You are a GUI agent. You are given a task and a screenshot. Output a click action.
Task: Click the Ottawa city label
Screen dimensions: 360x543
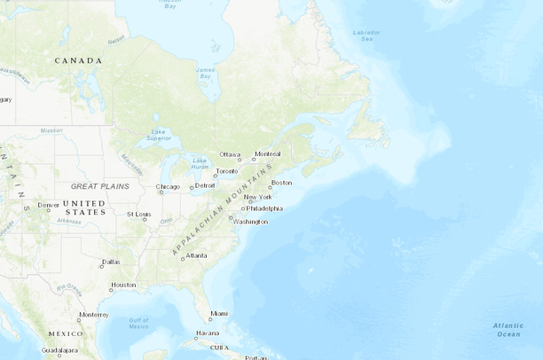click(230, 154)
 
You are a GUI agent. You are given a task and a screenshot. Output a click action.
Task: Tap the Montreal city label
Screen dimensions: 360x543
click(267, 154)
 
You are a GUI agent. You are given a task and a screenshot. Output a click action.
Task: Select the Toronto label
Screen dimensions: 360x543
click(227, 171)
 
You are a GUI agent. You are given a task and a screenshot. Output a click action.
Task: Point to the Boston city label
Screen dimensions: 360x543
click(281, 183)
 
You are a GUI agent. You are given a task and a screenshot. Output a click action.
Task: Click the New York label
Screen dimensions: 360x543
click(258, 197)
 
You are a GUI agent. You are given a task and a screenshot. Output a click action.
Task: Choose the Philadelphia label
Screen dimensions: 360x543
click(264, 208)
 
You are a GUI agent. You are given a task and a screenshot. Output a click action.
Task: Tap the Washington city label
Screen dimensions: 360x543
click(250, 221)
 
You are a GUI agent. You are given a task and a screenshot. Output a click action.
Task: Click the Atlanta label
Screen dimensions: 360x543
click(196, 255)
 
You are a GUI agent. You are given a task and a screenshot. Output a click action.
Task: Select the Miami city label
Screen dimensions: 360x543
click(219, 313)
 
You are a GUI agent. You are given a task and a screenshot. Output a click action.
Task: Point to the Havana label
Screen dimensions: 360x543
click(208, 333)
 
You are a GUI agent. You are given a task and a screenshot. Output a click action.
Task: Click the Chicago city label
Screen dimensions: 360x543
click(168, 186)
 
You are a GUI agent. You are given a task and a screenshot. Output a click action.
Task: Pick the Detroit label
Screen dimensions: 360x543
click(205, 185)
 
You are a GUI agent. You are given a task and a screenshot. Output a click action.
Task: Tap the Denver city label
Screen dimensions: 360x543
click(49, 205)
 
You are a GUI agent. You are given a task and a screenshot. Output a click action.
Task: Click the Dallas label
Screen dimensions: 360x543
click(111, 262)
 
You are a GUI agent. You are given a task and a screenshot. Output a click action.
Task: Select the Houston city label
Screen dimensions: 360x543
click(123, 286)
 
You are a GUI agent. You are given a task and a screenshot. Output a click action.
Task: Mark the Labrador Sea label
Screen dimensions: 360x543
click(366, 35)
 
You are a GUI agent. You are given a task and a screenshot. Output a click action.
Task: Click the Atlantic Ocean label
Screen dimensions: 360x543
click(508, 329)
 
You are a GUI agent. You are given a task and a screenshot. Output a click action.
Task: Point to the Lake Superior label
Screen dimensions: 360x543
click(159, 135)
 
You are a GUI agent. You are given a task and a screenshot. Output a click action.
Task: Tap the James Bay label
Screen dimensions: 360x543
click(205, 73)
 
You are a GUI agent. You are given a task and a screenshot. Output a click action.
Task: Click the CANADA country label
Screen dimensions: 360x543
click(78, 60)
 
